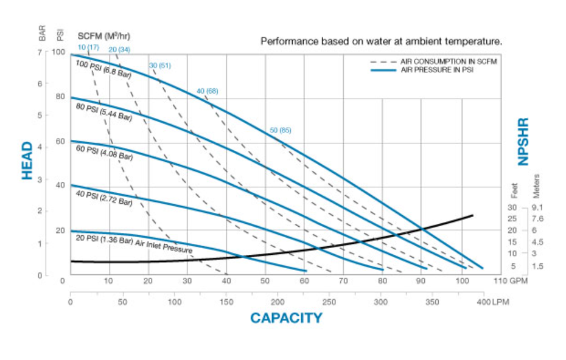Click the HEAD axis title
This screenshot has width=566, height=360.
tap(27, 161)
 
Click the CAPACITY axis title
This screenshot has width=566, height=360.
tap(286, 317)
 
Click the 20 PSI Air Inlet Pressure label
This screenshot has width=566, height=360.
tap(134, 243)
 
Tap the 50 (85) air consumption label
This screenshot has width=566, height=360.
tap(280, 130)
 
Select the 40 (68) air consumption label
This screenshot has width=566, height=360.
tap(207, 91)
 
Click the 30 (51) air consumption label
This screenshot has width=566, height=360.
tap(160, 65)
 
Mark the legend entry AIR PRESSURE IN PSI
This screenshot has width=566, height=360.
tap(436, 71)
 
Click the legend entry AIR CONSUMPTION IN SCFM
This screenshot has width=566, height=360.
tap(448, 62)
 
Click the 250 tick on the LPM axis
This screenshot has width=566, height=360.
tap(329, 302)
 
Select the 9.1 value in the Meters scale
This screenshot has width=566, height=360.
tap(537, 207)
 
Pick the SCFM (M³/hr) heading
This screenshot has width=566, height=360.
tap(104, 35)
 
